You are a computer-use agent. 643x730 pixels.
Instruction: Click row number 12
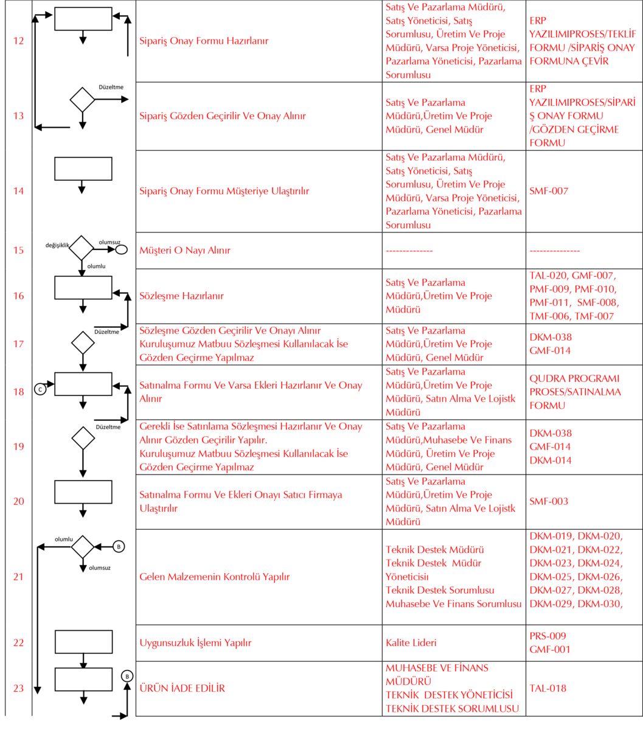coord(19,41)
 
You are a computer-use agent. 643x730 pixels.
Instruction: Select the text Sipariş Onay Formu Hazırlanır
coord(204,41)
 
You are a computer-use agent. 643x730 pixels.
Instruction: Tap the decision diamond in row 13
coord(83,99)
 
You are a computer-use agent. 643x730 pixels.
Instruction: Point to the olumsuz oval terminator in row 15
coord(121,249)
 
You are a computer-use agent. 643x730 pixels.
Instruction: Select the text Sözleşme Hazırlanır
coord(182,296)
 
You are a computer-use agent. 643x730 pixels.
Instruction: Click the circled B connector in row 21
coord(119,546)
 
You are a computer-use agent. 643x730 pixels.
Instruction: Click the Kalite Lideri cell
coord(411,642)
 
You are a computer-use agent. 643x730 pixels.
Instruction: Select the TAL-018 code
coord(547,689)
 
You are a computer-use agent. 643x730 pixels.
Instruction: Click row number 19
coord(19,447)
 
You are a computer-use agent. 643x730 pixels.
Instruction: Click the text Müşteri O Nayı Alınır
coord(185,250)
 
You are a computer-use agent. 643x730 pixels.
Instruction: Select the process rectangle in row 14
coord(83,169)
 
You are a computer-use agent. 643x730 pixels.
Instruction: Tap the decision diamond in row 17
coord(83,342)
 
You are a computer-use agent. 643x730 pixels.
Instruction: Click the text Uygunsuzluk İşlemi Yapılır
coord(195,642)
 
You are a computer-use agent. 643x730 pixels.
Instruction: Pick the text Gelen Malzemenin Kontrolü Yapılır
coord(214,577)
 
